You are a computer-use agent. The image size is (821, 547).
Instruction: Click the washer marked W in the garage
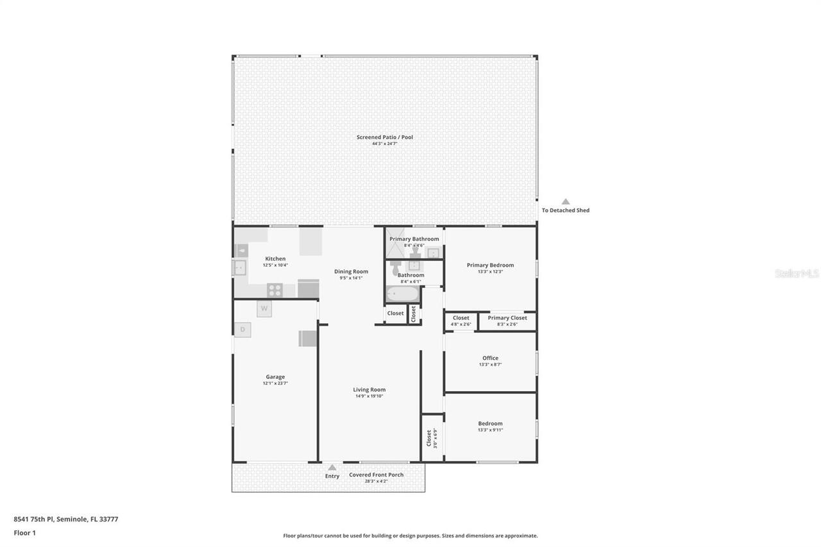(264, 308)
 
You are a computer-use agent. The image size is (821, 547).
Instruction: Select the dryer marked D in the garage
(242, 330)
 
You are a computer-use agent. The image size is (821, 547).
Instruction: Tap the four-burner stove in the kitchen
(275, 290)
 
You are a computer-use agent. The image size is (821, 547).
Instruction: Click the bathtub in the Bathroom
(402, 294)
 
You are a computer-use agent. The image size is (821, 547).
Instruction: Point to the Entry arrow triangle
(332, 467)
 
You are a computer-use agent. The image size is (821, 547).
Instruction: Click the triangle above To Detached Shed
(566, 201)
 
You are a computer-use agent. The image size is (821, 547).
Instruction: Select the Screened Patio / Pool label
(385, 137)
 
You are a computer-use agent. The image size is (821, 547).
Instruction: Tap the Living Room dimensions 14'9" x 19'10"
(369, 396)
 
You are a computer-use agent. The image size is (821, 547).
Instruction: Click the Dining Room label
(351, 271)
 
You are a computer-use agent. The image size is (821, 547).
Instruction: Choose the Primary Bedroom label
(490, 265)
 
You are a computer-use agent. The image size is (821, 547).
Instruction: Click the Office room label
(490, 358)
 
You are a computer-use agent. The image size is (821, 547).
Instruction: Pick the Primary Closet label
(507, 317)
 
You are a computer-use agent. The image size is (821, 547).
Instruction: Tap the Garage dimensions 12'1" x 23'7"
(275, 383)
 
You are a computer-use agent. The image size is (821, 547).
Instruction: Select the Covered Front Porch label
(376, 475)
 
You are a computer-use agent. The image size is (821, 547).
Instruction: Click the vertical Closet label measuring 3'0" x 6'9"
(429, 438)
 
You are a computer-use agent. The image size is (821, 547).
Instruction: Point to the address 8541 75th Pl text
(65, 519)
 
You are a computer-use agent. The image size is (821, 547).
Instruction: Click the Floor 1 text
(24, 532)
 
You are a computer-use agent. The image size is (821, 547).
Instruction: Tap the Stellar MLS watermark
(797, 273)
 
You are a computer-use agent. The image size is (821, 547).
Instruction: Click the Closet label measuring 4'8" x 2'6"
(461, 317)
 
